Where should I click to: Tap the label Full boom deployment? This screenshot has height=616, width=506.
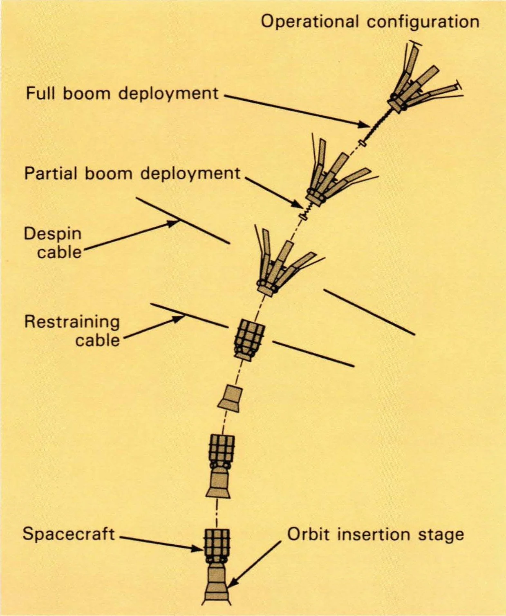click(122, 93)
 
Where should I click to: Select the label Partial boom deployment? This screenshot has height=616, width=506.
click(132, 173)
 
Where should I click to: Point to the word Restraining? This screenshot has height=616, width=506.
click(72, 322)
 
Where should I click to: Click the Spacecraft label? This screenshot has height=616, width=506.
click(69, 534)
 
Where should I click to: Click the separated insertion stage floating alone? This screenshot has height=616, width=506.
click(230, 397)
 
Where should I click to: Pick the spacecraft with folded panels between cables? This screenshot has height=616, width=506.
click(249, 340)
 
